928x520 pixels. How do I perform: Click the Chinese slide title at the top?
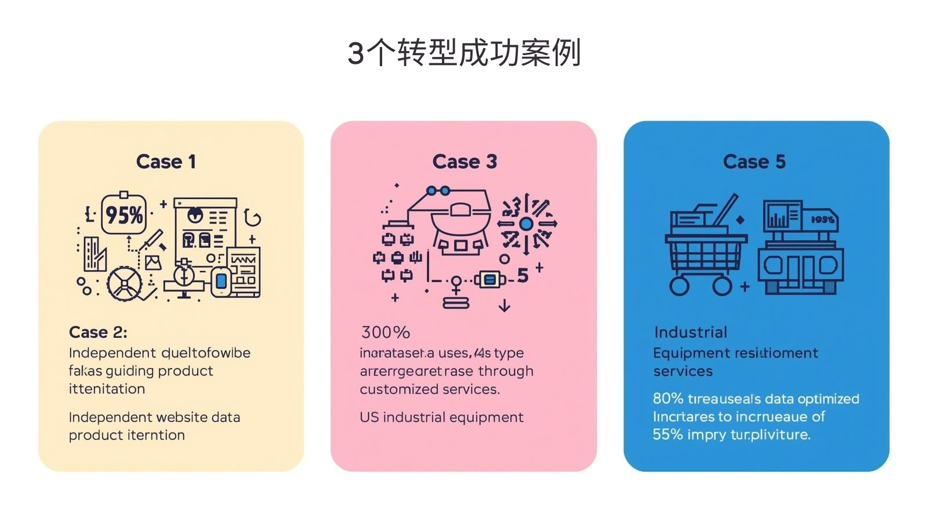coord(464,53)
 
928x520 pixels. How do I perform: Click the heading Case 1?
coord(166,161)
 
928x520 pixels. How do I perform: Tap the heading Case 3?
coord(465,161)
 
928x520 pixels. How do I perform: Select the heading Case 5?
coord(754,161)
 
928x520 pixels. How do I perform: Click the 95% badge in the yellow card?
coord(124,215)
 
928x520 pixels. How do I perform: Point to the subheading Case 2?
coord(97,332)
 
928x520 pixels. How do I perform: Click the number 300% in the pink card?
coord(385,332)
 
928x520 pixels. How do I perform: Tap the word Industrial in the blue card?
coord(690,332)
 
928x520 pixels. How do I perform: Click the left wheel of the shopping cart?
coord(679,286)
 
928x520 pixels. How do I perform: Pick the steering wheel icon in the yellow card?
coord(125,284)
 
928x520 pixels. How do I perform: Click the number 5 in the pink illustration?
coord(523,276)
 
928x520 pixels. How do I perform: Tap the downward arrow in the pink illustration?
coord(505,305)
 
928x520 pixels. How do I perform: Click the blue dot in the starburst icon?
coord(526,223)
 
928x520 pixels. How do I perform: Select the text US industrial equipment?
coord(441,417)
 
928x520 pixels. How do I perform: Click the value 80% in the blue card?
coord(668,399)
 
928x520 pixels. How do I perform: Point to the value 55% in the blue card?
coord(668,434)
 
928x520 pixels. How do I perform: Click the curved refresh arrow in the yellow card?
coord(252,217)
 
